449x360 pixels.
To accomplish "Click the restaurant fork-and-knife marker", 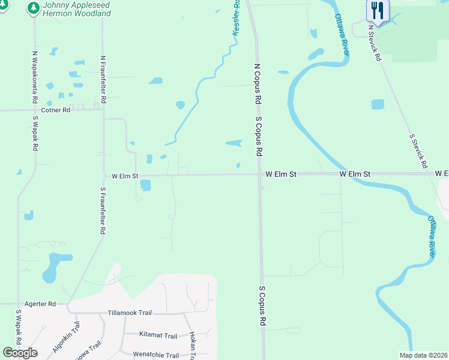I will coord(378,10).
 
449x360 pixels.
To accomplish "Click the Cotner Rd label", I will coord(56,110).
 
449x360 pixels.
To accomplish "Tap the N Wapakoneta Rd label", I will coord(35,77).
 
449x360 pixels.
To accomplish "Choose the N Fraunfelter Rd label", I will coord(103,80).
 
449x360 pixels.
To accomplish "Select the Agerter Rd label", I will coord(40,304).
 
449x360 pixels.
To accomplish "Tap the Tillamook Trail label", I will coord(130,313).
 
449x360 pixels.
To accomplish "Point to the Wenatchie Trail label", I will coord(155,355).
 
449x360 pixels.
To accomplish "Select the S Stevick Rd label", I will coord(418,150).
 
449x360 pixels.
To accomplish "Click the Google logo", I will coord(20,352).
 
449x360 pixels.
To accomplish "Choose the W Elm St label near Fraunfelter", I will coord(125,176).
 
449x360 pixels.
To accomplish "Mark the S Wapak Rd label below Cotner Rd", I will coord(35,133).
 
